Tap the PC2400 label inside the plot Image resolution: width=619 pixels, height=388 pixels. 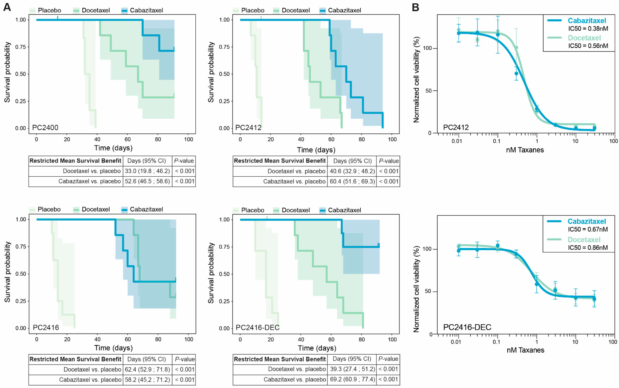click(45, 128)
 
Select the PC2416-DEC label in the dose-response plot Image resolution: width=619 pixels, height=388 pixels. click(467, 327)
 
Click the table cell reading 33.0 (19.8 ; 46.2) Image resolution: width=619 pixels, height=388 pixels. click(147, 171)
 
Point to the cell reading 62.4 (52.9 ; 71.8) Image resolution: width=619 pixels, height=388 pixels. click(147, 369)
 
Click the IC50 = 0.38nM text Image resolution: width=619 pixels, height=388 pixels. click(588, 29)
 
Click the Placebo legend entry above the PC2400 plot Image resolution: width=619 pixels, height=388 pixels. click(49, 10)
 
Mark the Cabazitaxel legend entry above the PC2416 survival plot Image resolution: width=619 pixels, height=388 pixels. click(146, 209)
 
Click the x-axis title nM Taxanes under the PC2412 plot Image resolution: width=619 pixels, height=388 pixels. click(525, 150)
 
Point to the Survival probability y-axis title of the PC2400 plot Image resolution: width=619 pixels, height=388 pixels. click(7, 72)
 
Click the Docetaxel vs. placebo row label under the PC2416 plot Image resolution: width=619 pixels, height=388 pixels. click(92, 369)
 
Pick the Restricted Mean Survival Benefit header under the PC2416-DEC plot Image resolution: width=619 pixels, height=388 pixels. click(280, 359)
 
